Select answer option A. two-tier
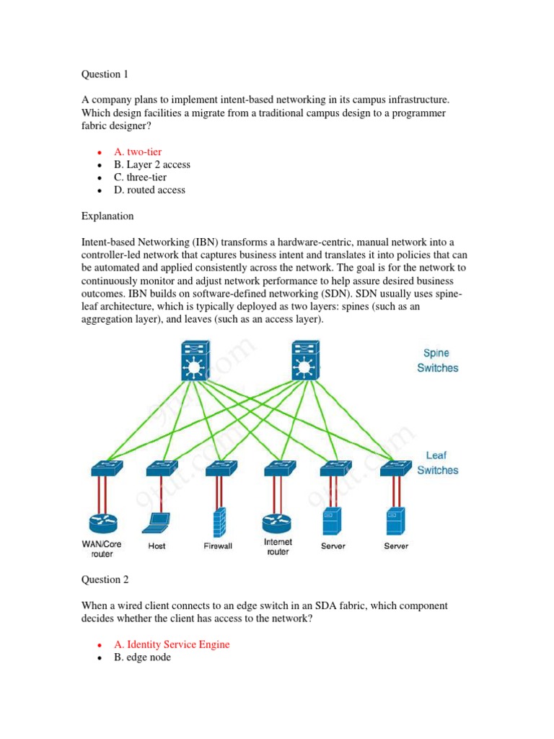pyautogui.click(x=137, y=152)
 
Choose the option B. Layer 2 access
pyautogui.click(x=151, y=165)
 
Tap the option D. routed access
pyautogui.click(x=149, y=191)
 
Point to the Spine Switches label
pyautogui.click(x=437, y=360)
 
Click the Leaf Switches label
pyautogui.click(x=437, y=463)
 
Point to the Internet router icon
pyautogui.click(x=278, y=522)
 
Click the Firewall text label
pyautogui.click(x=218, y=546)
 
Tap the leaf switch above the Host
pyautogui.click(x=162, y=468)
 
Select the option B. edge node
pyautogui.click(x=142, y=657)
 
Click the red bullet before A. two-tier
pyautogui.click(x=98, y=152)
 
